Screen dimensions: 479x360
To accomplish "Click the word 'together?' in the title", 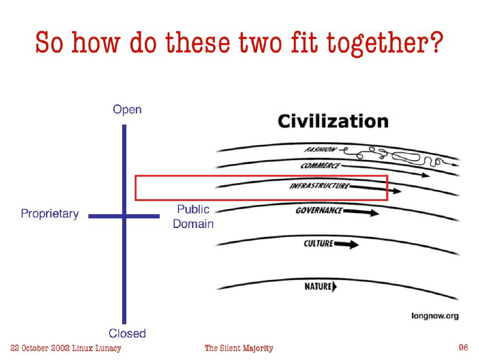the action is pyautogui.click(x=385, y=43).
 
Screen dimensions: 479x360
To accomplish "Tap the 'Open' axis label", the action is pyautogui.click(x=127, y=110).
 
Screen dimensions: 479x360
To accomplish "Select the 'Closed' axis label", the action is pyautogui.click(x=127, y=333).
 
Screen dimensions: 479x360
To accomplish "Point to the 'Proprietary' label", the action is pyautogui.click(x=50, y=214).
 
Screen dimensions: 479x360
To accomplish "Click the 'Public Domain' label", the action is pyautogui.click(x=193, y=217).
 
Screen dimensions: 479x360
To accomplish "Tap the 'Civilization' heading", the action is pyautogui.click(x=333, y=121).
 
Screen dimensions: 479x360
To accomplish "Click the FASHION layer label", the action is pyautogui.click(x=320, y=149).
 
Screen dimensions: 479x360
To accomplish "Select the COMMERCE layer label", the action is pyautogui.click(x=320, y=166).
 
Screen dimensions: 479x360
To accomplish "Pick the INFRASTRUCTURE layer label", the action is pyautogui.click(x=320, y=186).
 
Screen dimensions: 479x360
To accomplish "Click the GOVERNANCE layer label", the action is pyautogui.click(x=319, y=211).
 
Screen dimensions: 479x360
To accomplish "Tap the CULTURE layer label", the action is pyautogui.click(x=319, y=244).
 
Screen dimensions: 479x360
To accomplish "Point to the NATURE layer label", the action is pyautogui.click(x=318, y=287).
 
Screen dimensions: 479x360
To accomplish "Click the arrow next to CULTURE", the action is pyautogui.click(x=346, y=244).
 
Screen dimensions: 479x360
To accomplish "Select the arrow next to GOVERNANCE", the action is pyautogui.click(x=361, y=212).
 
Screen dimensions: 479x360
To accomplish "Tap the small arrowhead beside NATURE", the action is pyautogui.click(x=335, y=287).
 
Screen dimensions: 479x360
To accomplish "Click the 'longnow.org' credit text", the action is pyautogui.click(x=435, y=316).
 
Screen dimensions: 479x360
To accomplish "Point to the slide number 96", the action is pyautogui.click(x=463, y=347).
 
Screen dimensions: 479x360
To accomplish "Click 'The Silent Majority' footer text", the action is pyautogui.click(x=239, y=348).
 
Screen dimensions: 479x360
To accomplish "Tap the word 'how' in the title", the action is pyautogui.click(x=96, y=43).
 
